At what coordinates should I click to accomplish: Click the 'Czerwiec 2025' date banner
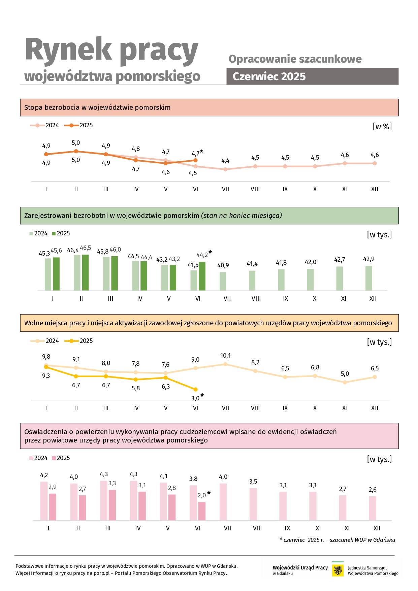[x=312, y=76]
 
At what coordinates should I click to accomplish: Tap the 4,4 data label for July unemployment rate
[x=225, y=161]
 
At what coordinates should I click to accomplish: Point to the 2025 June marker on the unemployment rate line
[x=196, y=160]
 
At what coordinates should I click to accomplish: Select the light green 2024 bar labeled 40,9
[x=223, y=281]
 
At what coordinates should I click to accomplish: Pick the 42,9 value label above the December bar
[x=369, y=259]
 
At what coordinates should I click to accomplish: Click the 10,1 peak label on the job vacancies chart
[x=225, y=356]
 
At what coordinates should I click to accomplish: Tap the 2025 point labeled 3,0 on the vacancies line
[x=196, y=389]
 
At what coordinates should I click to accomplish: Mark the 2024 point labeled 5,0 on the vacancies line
[x=345, y=382]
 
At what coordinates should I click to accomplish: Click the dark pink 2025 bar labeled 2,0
[x=202, y=511]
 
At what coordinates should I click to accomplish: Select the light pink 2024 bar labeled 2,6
[x=373, y=508]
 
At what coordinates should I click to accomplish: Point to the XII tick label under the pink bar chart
[x=377, y=528]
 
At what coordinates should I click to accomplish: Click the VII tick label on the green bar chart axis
[x=227, y=299]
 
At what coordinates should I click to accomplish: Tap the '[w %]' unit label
[x=382, y=127]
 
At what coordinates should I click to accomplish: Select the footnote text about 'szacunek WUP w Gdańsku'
[x=337, y=540]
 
